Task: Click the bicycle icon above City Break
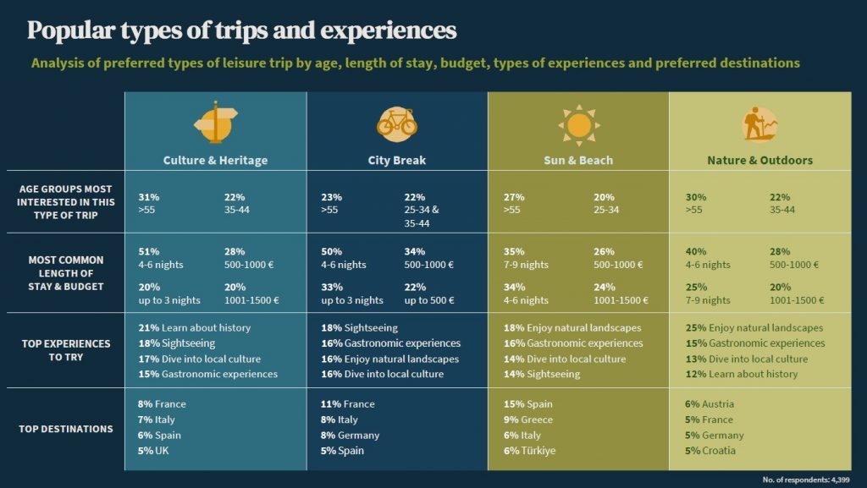396,123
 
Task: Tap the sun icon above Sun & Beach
578,125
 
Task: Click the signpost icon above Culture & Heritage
216,123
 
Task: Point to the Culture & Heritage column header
215,160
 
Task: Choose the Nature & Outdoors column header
759,160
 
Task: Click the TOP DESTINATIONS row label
65,429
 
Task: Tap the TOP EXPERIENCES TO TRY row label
65,350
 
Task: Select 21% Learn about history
194,327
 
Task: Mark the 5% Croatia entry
710,451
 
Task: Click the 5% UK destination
155,451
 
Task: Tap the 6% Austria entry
710,404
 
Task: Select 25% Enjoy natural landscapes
754,327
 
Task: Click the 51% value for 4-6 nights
148,251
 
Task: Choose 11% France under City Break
347,404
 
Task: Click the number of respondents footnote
807,480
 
